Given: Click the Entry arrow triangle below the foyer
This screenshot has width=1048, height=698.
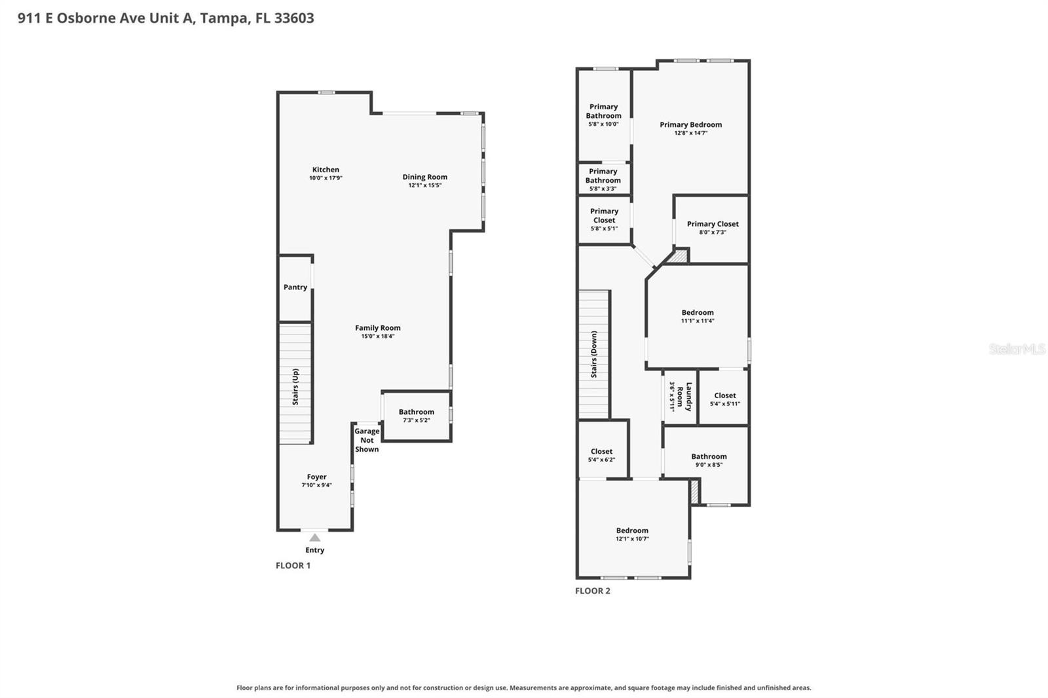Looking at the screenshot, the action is (315, 538).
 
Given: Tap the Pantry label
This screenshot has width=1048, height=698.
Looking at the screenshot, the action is (295, 287).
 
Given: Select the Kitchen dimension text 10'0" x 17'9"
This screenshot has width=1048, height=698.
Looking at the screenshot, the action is (326, 178).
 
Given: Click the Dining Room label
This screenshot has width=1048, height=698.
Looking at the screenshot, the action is (425, 177).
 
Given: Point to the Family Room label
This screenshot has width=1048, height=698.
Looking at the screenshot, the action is (377, 328).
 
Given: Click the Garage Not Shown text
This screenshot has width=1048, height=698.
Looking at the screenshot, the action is (367, 440).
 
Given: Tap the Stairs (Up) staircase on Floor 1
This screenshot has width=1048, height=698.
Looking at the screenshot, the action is (295, 384).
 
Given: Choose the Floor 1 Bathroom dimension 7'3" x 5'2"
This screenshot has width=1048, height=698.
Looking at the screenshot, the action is (417, 420).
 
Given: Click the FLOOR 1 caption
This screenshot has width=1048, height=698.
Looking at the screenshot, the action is (293, 565).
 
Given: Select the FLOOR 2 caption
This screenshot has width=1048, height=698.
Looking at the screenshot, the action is (593, 591).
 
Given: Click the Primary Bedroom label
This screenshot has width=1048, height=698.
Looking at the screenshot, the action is (690, 124).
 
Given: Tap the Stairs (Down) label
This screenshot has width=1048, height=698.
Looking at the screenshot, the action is (593, 354).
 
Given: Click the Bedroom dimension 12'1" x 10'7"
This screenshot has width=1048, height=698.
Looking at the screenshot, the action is (632, 538).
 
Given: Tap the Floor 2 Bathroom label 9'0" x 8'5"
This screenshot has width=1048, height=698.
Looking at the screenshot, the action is (709, 456).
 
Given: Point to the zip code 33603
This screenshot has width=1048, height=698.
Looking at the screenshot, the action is (294, 18).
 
